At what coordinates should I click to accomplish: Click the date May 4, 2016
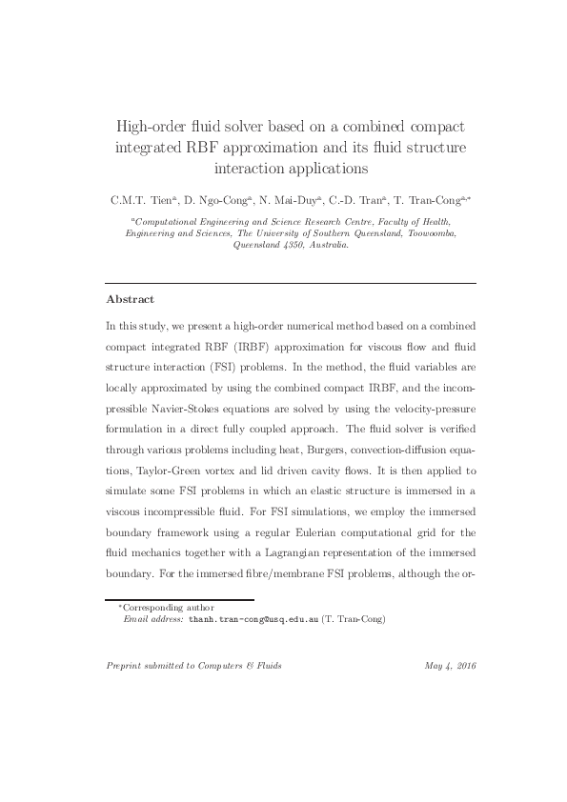pyautogui.click(x=451, y=665)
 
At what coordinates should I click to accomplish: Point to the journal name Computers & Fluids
pyautogui.click(x=240, y=665)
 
